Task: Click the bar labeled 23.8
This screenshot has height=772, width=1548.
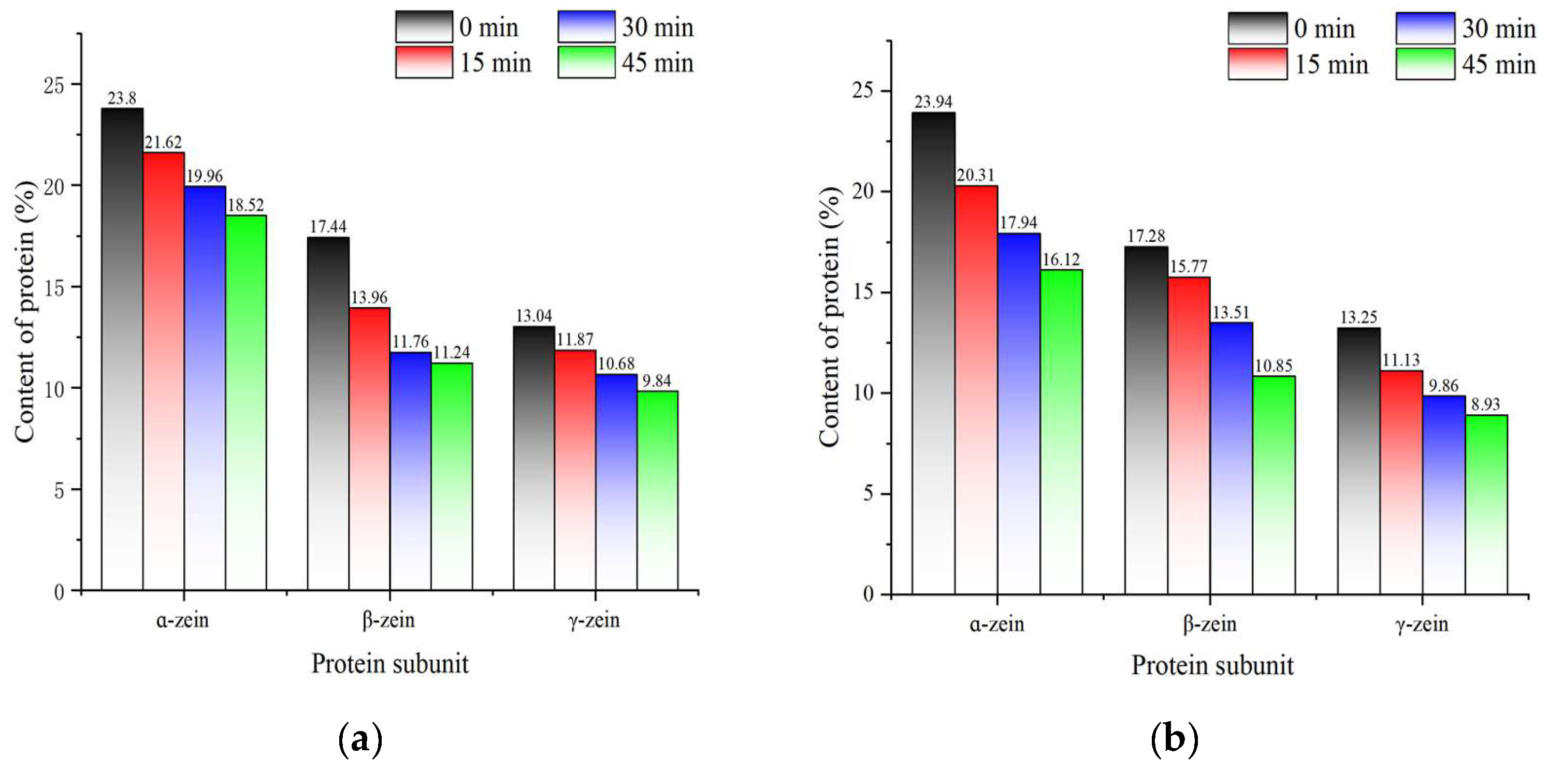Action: click(x=122, y=348)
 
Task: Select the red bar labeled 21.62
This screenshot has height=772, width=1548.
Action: click(x=164, y=371)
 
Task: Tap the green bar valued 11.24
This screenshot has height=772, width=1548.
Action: click(x=451, y=476)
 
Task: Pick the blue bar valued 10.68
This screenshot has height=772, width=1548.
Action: click(x=616, y=482)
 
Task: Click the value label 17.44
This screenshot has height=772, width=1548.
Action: click(x=328, y=226)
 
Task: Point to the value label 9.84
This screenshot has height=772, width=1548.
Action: click(x=656, y=381)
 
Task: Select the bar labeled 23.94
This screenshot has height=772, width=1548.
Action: click(x=933, y=353)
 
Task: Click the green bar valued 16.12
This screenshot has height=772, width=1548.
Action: click(x=1061, y=432)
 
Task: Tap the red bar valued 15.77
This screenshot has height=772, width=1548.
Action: click(x=1189, y=435)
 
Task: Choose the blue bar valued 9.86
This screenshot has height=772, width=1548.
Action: click(x=1443, y=495)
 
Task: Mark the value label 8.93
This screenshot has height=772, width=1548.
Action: click(x=1485, y=404)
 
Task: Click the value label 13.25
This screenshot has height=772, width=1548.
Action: click(x=1358, y=317)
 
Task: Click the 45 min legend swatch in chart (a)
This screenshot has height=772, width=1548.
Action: click(x=586, y=63)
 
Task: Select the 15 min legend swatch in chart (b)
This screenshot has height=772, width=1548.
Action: click(x=1257, y=64)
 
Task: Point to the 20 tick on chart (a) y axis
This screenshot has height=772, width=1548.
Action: click(x=54, y=186)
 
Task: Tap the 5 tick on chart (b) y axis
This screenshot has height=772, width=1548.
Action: click(x=869, y=494)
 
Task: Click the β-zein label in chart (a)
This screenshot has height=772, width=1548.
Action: click(x=388, y=619)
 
